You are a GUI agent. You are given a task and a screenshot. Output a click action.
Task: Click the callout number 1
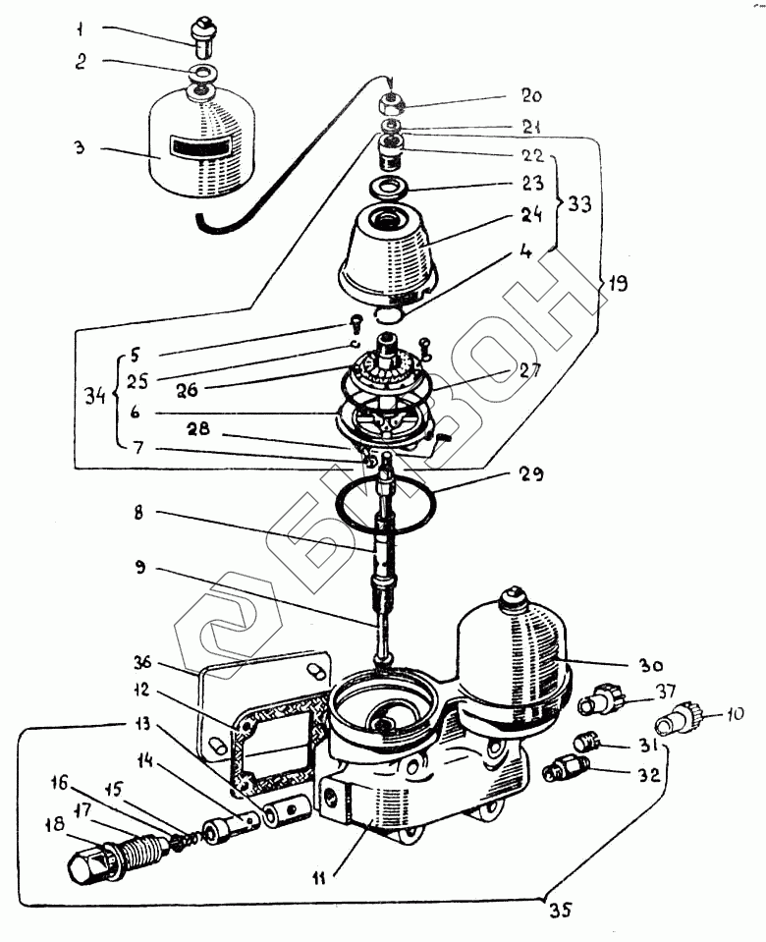83,28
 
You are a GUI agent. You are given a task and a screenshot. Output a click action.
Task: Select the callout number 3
82,148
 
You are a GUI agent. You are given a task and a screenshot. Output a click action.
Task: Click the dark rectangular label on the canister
199,148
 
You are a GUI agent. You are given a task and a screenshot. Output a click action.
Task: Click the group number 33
579,204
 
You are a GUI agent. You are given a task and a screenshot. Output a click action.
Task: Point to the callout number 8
142,512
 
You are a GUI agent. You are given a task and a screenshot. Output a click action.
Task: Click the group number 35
557,909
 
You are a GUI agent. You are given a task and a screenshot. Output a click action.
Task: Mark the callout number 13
144,725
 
